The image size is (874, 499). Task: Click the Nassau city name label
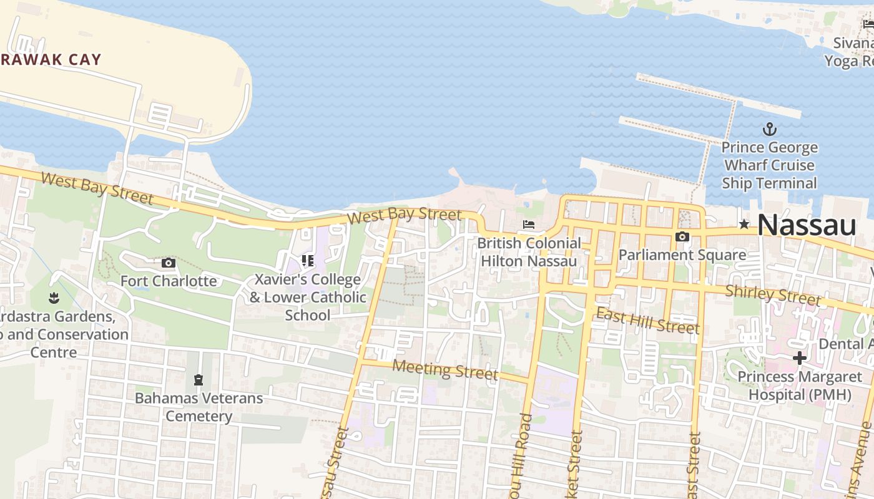click(x=806, y=225)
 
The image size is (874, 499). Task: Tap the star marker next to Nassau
click(x=744, y=224)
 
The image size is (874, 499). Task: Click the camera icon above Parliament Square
click(x=682, y=237)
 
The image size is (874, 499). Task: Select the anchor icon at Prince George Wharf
click(x=770, y=130)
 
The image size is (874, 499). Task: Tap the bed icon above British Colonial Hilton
click(x=529, y=225)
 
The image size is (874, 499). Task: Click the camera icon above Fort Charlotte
click(x=168, y=263)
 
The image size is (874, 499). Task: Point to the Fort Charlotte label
click(x=169, y=281)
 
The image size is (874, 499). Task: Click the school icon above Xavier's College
click(x=307, y=260)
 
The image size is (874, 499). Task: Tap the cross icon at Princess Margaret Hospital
click(x=799, y=358)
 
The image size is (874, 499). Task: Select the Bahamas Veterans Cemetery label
click(x=199, y=407)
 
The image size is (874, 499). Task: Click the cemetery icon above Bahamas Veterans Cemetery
click(x=199, y=379)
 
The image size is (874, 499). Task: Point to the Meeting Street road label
click(x=444, y=370)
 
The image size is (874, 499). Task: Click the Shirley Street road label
click(x=773, y=295)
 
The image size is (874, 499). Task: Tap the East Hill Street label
click(x=647, y=320)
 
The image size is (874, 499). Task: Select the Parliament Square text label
click(x=682, y=254)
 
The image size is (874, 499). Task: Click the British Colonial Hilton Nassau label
click(x=529, y=252)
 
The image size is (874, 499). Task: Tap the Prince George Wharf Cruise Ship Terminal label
click(x=769, y=165)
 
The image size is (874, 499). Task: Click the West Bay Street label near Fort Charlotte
click(x=97, y=188)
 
